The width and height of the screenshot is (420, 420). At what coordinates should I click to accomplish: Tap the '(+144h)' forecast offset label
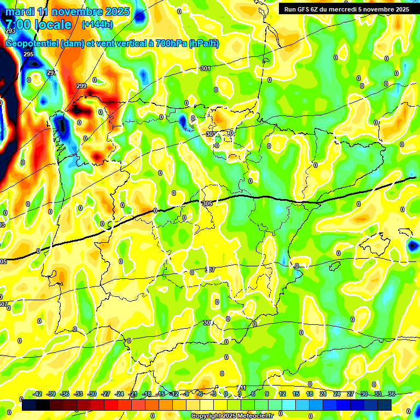(97, 25)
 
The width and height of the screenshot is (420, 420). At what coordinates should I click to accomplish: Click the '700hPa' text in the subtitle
(171, 44)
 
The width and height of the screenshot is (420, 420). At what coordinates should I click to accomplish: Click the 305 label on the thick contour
(207, 203)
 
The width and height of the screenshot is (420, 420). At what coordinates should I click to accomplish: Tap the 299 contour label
(81, 86)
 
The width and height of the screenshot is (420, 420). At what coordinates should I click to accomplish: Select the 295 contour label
(28, 54)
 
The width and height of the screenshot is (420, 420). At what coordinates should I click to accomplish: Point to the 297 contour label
(51, 73)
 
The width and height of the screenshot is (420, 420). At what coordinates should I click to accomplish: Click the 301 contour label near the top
(205, 68)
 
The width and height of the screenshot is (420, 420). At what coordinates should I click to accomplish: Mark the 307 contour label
(210, 270)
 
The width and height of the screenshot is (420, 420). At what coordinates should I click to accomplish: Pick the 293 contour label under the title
(10, 31)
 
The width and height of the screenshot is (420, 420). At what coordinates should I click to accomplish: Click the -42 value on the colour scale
(37, 394)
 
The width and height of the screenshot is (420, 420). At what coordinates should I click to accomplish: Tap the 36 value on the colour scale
(391, 394)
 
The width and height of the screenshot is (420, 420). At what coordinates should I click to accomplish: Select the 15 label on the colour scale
(295, 394)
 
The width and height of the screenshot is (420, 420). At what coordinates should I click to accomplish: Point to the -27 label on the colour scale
(106, 394)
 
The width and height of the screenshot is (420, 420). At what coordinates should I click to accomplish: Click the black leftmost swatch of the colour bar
(29, 405)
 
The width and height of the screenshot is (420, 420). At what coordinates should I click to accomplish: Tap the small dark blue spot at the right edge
(412, 246)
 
